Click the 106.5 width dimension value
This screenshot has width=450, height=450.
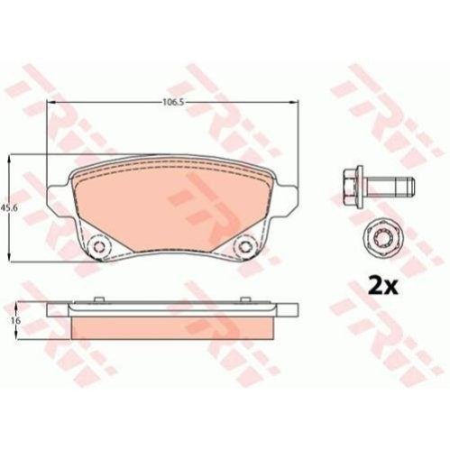point(173,102)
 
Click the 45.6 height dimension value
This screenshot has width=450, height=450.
point(8,207)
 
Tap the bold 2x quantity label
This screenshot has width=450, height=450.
point(383,287)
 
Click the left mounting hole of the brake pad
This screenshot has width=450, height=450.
point(98,246)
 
